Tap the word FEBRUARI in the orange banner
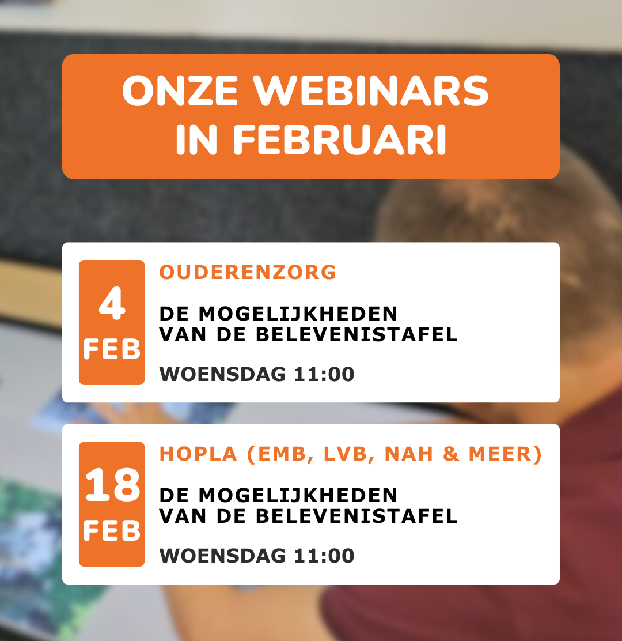point(340,140)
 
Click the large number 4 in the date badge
point(112,304)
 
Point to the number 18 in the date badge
point(112,485)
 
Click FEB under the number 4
point(112,349)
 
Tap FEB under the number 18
point(112,530)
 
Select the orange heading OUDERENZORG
point(248,272)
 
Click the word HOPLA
point(199,454)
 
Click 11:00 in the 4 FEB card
point(324,374)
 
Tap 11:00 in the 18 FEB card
point(324,556)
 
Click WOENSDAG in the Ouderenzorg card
point(222,374)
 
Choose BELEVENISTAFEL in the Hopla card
point(356,515)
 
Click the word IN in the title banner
point(196,140)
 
